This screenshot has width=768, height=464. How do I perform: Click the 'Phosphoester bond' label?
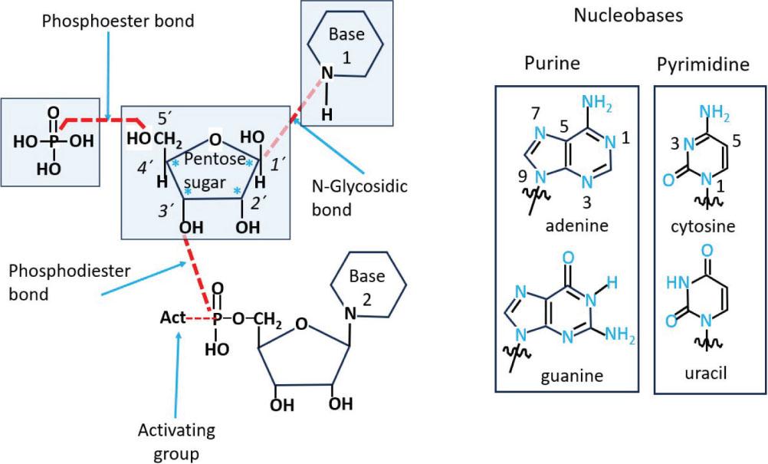pos(118,21)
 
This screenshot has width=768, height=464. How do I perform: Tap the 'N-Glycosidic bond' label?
pos(359,198)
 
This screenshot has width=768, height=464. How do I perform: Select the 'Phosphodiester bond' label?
pos(70,282)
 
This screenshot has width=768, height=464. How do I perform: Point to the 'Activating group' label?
pos(176,442)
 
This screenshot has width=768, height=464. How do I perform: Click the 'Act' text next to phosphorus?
pos(173,318)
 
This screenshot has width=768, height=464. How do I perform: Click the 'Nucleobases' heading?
pos(629,15)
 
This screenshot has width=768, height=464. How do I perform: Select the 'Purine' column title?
pos(552,63)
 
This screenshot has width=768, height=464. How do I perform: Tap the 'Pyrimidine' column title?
pos(703,64)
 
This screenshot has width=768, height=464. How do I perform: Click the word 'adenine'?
pos(577,225)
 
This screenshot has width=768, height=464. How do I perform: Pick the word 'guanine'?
pos(572,376)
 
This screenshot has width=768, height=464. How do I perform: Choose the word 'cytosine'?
pos(704,226)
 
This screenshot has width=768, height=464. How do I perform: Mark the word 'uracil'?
pos(706,374)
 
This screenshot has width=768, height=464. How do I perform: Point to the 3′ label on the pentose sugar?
pos(166,210)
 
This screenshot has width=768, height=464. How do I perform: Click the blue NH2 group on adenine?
pos(596,104)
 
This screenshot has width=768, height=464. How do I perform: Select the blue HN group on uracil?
pos(678,283)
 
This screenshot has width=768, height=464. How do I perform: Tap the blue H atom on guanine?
pos(612,282)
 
